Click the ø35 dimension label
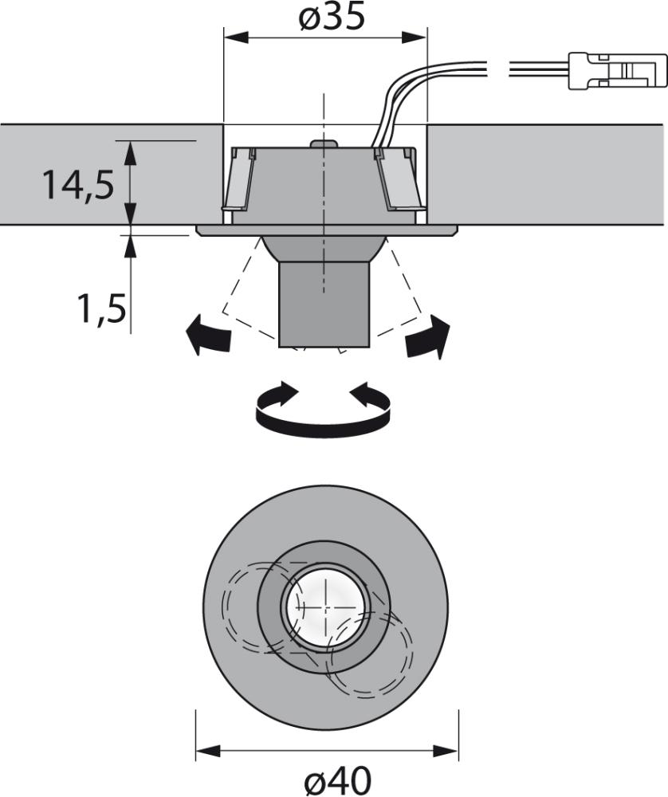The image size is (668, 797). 332,16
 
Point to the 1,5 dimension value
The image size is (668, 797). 101,308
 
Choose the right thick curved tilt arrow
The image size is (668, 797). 429,336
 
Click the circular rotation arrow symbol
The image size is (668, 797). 323,408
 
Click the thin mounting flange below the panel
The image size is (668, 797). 327,231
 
